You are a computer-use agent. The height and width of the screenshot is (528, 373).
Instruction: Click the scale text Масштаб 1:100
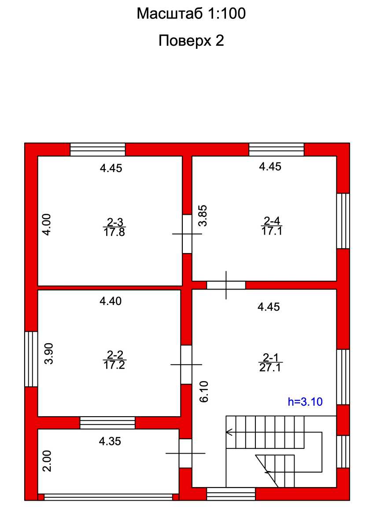pos(191,14)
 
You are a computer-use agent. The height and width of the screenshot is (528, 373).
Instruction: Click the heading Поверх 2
pos(191,41)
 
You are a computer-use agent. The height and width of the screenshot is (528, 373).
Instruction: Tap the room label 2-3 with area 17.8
pos(114,227)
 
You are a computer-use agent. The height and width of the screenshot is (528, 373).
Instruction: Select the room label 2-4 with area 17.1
pos(272,226)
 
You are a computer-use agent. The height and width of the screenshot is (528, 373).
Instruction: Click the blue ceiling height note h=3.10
pos(305,402)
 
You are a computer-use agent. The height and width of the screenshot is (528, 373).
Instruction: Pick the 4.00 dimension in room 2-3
pos(47,224)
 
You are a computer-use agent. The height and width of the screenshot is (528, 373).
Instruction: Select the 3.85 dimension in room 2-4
pos(203,216)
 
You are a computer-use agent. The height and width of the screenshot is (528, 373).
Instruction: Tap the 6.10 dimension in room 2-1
pos(204,392)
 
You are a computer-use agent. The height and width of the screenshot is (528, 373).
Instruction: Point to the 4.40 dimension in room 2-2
pos(111,301)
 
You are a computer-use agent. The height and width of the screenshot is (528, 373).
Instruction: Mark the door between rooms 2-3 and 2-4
pos(187,234)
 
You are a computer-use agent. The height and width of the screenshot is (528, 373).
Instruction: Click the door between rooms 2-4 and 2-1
pos(226,285)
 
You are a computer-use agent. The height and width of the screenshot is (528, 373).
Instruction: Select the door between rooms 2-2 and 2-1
pos(186,365)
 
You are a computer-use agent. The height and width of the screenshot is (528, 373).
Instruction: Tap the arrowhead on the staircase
pos(229,432)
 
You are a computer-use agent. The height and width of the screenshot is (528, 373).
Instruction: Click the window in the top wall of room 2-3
pos(98,150)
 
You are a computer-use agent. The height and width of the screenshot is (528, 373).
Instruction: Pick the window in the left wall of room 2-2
pos(31,359)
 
